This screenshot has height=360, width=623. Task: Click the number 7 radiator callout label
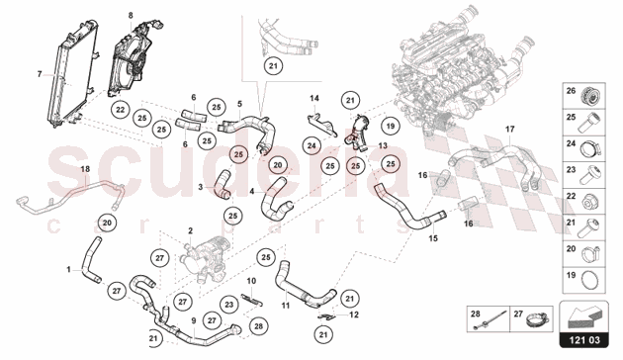click(x=40, y=74)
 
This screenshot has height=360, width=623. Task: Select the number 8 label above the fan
click(x=131, y=16)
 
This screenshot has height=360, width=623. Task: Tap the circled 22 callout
click(x=121, y=110)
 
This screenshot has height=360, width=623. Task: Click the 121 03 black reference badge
click(x=583, y=340)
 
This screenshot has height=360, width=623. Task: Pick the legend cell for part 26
click(x=583, y=96)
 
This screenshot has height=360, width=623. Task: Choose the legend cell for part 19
click(x=583, y=280)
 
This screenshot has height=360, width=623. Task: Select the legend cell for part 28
click(x=489, y=318)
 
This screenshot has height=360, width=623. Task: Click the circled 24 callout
click(x=311, y=145)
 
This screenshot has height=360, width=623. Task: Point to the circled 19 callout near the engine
click(x=391, y=126)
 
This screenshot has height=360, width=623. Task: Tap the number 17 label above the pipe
click(x=509, y=130)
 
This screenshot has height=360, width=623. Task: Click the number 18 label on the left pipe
click(x=85, y=169)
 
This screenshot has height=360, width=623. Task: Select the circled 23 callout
click(x=228, y=305)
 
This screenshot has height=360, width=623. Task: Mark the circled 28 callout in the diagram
click(x=258, y=326)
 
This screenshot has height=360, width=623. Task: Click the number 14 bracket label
click(x=314, y=98)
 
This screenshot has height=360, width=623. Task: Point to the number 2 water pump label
click(x=190, y=230)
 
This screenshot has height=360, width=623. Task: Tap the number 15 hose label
click(x=433, y=238)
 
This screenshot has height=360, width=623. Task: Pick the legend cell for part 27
click(x=532, y=318)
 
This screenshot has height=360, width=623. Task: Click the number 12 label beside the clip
click(x=354, y=315)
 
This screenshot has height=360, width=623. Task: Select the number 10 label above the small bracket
click(x=251, y=281)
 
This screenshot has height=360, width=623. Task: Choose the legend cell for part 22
click(x=583, y=202)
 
